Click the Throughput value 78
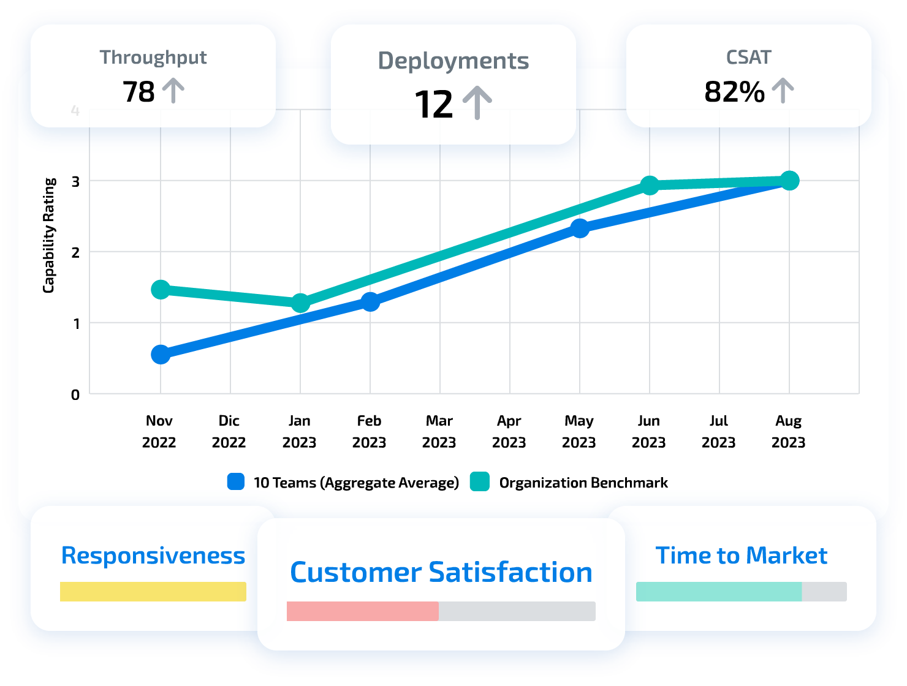click(x=139, y=92)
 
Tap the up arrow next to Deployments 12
click(x=477, y=103)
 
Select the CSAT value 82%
click(x=734, y=92)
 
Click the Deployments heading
click(x=453, y=61)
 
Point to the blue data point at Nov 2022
click(x=161, y=355)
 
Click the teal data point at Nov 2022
click(x=161, y=289)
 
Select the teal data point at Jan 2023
click(x=300, y=303)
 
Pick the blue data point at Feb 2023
click(x=370, y=301)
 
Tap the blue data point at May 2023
click(x=580, y=228)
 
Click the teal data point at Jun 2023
click(x=650, y=185)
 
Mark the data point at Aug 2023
click(x=789, y=181)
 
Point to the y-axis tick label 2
click(x=75, y=252)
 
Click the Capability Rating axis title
click(x=49, y=235)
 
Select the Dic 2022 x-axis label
click(x=229, y=431)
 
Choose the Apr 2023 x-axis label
click(x=509, y=431)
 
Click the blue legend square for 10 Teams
click(x=236, y=482)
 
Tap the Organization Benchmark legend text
click(x=583, y=483)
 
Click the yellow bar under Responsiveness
click(x=153, y=592)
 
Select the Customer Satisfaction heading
click(x=441, y=572)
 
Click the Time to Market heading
click(x=741, y=556)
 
